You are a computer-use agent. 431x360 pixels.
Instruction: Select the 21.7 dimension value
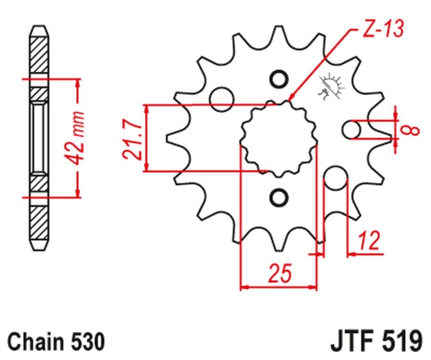(131, 139)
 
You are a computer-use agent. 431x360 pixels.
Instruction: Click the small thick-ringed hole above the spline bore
(279, 79)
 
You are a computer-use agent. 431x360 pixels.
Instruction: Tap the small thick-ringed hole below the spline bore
(279, 197)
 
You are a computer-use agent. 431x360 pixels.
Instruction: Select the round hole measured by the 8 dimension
(352, 130)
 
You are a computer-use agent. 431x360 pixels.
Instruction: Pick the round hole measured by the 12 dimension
(336, 178)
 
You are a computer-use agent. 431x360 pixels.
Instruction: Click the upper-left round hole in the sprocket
(221, 98)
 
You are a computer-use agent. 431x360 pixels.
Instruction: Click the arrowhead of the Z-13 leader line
(291, 99)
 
